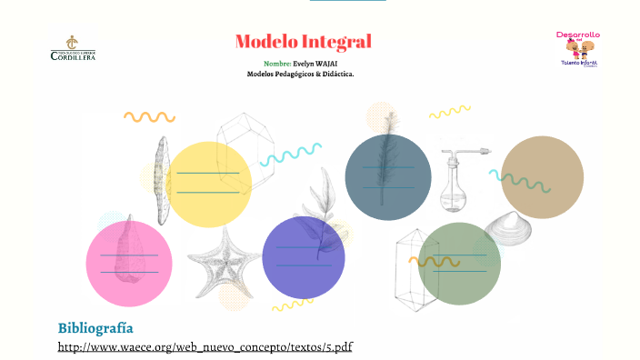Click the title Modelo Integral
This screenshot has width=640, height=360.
303,42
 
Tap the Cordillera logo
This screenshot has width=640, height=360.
73,48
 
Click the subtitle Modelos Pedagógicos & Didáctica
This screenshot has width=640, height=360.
300,75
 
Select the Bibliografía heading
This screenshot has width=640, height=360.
95,327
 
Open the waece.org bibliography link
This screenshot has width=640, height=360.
205,347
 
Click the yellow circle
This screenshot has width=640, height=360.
210,185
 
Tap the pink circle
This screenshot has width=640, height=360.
129,264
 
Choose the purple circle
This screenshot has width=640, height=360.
304,257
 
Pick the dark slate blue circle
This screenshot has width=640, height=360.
388,177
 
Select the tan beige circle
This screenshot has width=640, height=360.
543,177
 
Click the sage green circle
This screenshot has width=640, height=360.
459,263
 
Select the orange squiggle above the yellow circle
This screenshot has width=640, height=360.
149,117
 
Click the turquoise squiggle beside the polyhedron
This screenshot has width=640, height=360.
290,154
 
